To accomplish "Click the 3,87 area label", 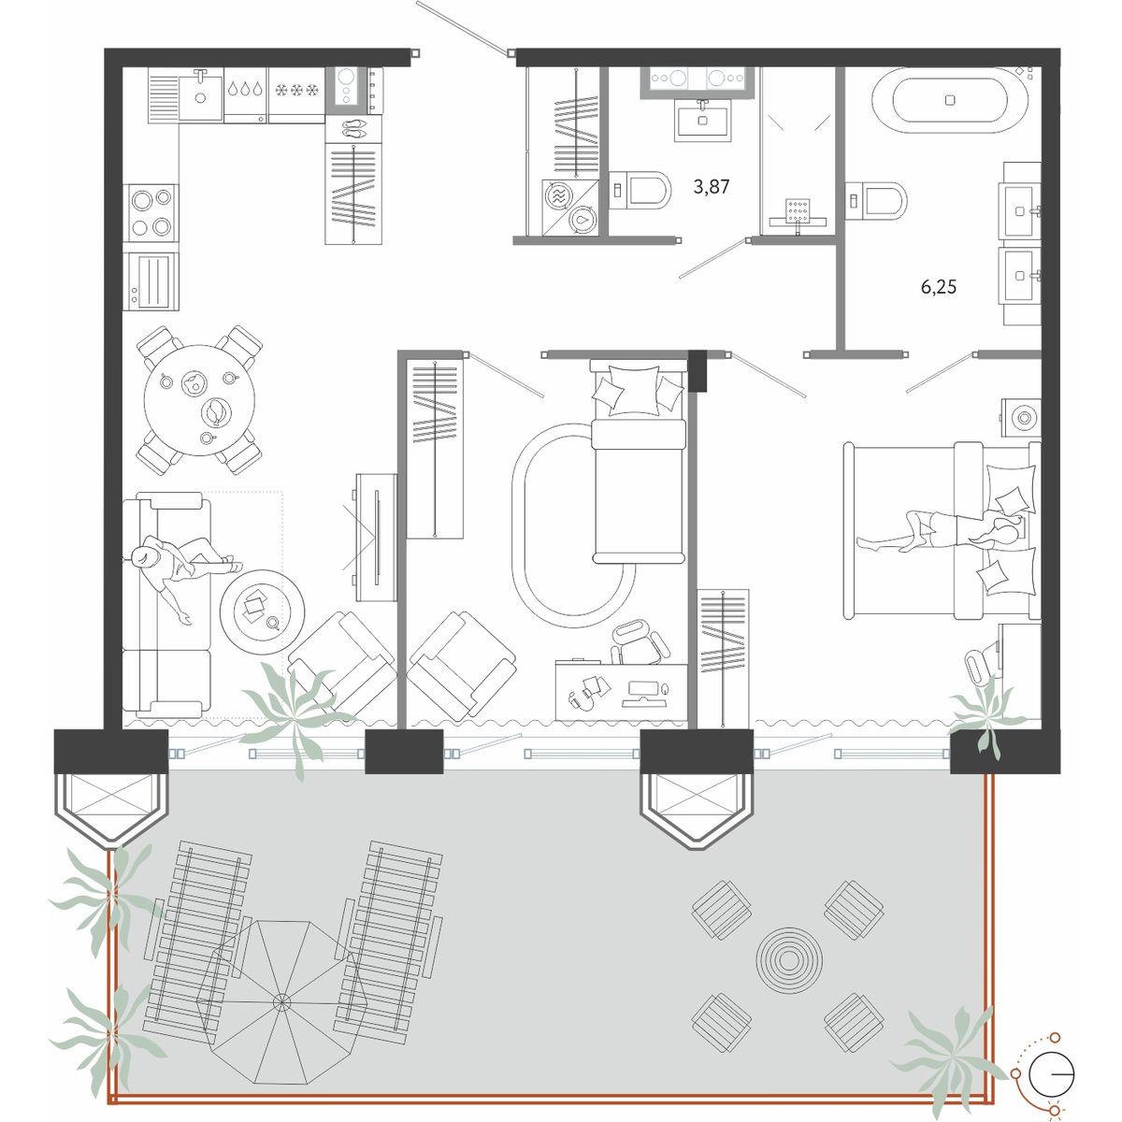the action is (711, 187).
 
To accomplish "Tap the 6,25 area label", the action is (939, 287).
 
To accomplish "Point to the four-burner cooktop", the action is (151, 212).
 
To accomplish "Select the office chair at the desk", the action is (638, 644).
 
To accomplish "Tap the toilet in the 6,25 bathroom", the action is (876, 201).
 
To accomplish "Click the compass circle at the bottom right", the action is (1051, 1072).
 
